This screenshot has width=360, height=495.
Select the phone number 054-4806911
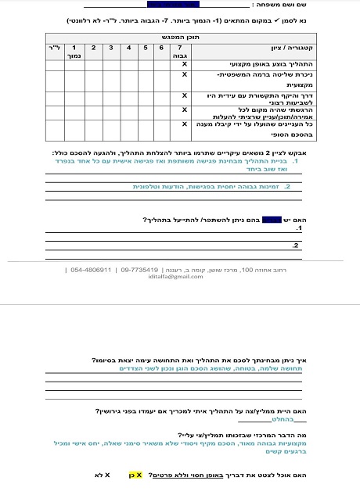(90, 269)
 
